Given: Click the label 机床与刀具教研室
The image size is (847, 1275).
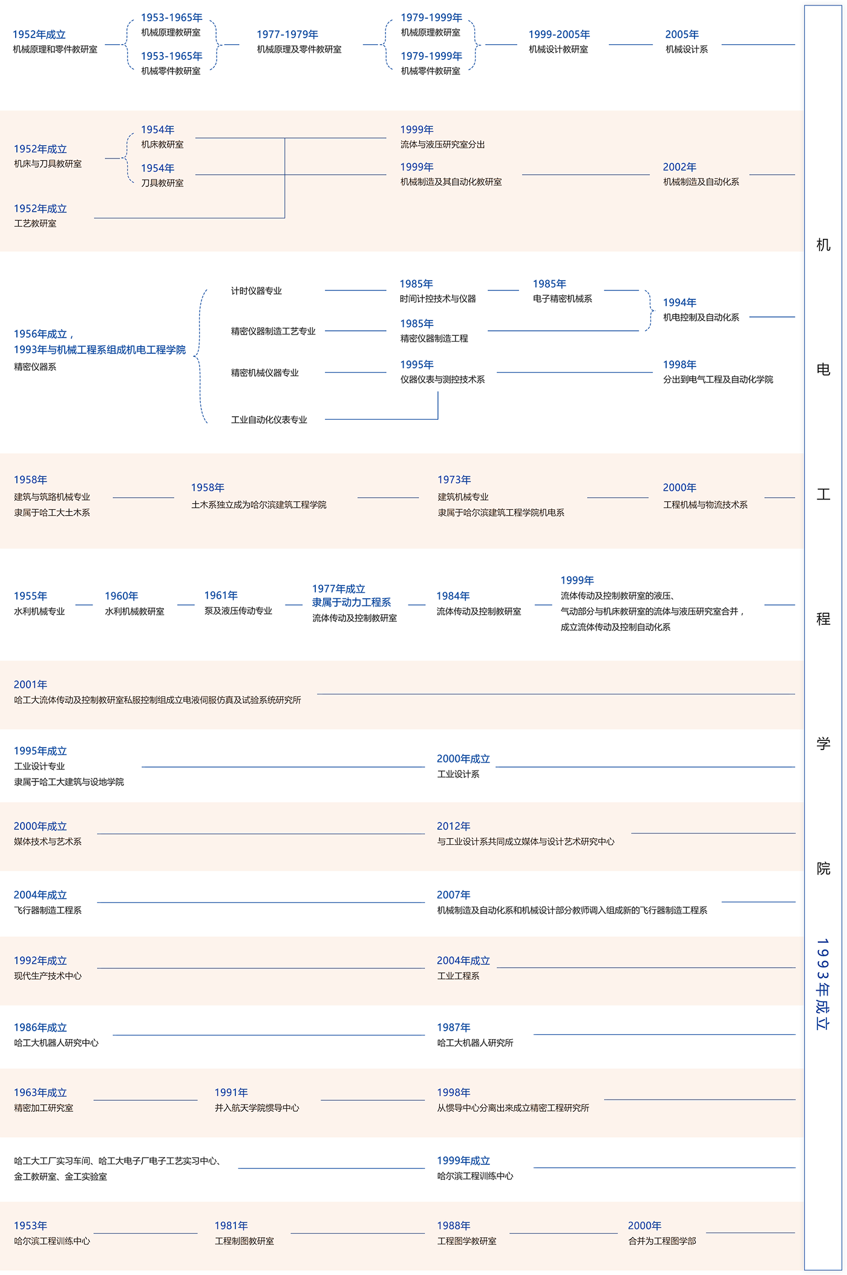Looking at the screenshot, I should (x=48, y=164).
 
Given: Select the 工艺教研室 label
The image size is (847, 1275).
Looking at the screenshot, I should (x=35, y=224).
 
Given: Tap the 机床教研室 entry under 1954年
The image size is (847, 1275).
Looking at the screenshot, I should (x=162, y=145).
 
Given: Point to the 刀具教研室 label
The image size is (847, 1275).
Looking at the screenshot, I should (x=162, y=183).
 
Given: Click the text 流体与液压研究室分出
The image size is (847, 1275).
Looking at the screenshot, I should (x=442, y=145).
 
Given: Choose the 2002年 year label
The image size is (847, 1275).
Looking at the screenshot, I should (x=679, y=167).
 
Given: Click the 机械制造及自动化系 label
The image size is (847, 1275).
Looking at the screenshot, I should (x=701, y=182).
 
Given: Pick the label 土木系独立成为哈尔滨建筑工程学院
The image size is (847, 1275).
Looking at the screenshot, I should (x=258, y=505).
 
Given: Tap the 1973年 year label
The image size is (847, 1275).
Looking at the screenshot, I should (x=454, y=480).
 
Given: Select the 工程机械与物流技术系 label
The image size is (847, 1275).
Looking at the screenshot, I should (x=705, y=505).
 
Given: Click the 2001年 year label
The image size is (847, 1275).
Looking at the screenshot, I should (x=30, y=685).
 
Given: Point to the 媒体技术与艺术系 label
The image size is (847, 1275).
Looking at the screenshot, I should (x=48, y=842).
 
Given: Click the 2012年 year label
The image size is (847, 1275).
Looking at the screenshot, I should (x=453, y=826).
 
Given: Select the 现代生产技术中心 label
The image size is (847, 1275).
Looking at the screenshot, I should (x=48, y=976).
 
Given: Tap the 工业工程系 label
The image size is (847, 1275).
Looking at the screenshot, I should (x=458, y=976).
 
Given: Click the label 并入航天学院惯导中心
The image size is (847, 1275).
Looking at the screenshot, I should (x=257, y=1108).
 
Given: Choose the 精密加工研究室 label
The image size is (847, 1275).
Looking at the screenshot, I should (x=44, y=1108).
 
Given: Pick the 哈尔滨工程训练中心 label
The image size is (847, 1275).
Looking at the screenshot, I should (x=52, y=1241).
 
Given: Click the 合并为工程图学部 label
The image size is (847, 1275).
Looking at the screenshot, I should (x=662, y=1241).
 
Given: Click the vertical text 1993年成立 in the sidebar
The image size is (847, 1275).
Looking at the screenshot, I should (x=822, y=983).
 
